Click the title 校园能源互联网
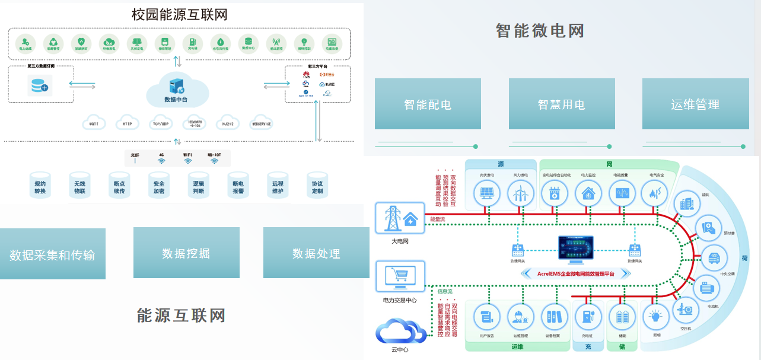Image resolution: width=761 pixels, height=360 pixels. (x=179, y=14)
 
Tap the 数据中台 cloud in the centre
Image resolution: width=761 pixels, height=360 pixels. (x=177, y=90)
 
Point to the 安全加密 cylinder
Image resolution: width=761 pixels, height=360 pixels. (x=158, y=185)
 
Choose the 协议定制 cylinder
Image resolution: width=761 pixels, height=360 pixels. (x=317, y=185)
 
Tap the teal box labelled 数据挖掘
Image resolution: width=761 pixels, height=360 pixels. (x=186, y=253)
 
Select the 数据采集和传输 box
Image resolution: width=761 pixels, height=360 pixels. (x=52, y=254)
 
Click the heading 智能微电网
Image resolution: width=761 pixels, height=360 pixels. (x=540, y=30)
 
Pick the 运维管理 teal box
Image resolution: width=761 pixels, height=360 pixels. (x=695, y=104)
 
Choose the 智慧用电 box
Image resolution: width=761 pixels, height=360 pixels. (x=561, y=104)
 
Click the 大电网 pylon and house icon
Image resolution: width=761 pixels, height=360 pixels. (x=400, y=219)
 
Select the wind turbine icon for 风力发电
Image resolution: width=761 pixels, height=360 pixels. (x=520, y=193)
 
